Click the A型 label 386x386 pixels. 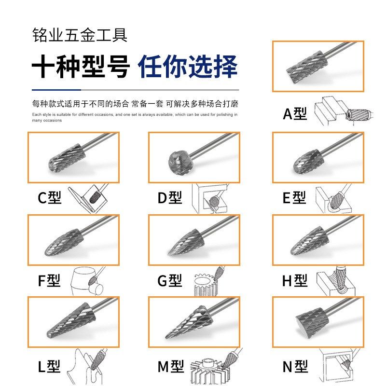click(294, 114)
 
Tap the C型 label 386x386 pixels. click(50, 198)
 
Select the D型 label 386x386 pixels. click(170, 198)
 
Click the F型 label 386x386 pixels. click(49, 281)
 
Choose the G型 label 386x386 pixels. click(170, 280)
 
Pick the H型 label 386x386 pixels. click(294, 280)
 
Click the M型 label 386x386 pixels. click(170, 366)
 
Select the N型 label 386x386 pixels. click(295, 367)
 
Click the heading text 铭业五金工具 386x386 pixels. click(80, 35)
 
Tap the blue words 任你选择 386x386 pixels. click(188, 66)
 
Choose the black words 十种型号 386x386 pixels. click(81, 66)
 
